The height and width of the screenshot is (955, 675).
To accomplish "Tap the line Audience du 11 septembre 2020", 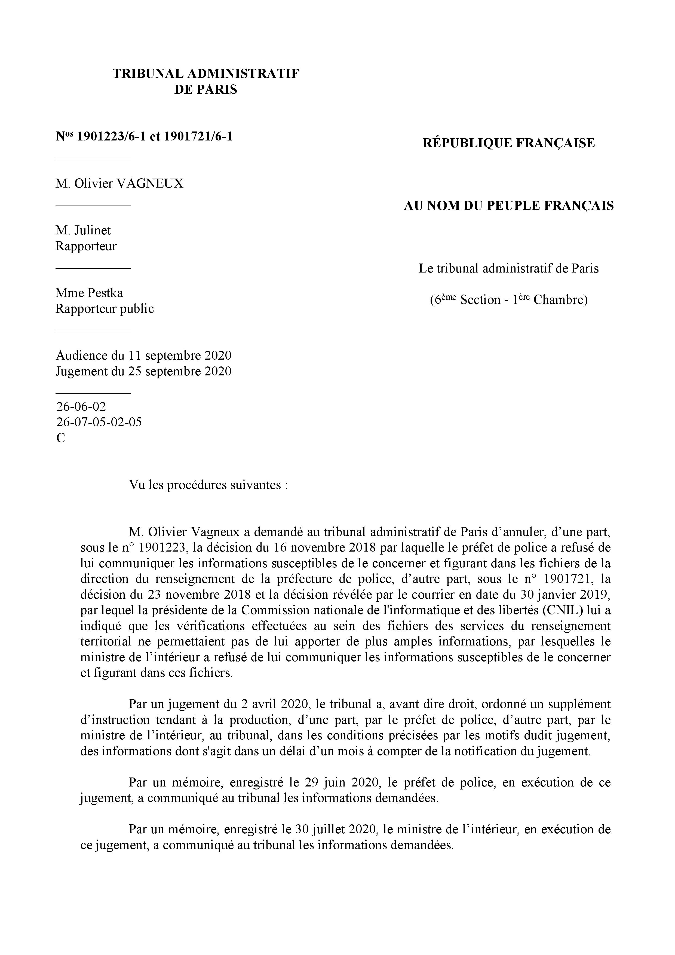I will click(x=143, y=356).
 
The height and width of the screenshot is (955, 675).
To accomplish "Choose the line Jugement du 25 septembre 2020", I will click(x=143, y=371).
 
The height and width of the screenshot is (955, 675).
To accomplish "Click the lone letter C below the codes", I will click(x=60, y=438).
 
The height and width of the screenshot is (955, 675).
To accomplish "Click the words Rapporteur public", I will click(x=105, y=309).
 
